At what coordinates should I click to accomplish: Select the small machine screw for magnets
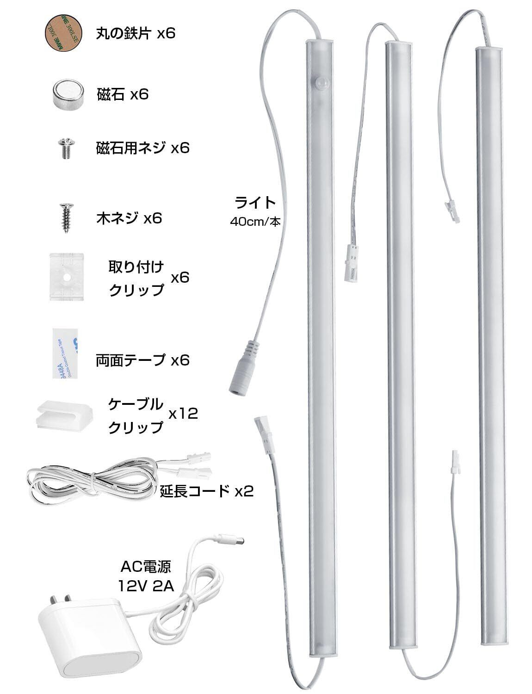coord(64,148)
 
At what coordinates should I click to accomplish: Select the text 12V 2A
coord(146,586)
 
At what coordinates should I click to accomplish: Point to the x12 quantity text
coord(183,413)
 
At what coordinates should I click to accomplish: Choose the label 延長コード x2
coord(207,490)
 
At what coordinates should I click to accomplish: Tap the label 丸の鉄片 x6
coord(136,33)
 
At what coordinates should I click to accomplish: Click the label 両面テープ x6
coord(142,359)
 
